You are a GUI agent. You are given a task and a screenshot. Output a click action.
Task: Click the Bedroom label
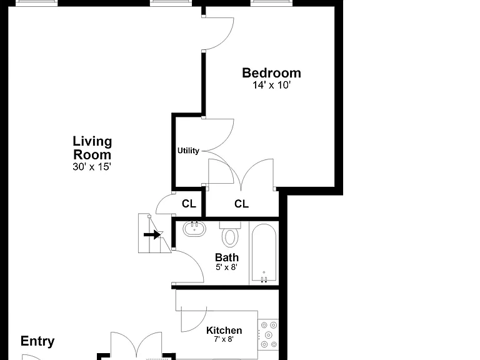[271, 73]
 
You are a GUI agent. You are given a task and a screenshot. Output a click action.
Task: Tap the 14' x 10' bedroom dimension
[271, 85]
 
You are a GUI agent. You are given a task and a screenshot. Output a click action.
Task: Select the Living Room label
[92, 148]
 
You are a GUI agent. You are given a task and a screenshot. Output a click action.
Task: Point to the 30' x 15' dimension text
[92, 167]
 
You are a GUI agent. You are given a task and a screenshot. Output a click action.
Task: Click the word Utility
[188, 151]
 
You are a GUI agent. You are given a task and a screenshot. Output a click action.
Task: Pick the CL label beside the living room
[189, 204]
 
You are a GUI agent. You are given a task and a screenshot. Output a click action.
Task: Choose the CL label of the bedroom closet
[241, 204]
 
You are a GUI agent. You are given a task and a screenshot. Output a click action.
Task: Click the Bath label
[226, 257]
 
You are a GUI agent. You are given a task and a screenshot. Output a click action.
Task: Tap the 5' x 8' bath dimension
[226, 267]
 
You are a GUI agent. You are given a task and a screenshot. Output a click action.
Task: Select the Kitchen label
[224, 330]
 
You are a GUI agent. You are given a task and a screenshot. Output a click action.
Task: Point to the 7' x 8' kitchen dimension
[224, 339]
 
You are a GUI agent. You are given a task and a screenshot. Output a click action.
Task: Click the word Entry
[37, 341]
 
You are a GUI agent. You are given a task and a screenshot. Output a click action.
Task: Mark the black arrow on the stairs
[152, 235]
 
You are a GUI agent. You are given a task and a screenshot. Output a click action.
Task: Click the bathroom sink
[194, 229]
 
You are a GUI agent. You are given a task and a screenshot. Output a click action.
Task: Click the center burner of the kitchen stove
[269, 335]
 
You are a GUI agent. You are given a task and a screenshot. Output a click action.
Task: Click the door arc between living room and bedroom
[226, 41]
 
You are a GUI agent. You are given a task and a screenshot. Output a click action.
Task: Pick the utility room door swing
[226, 141]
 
